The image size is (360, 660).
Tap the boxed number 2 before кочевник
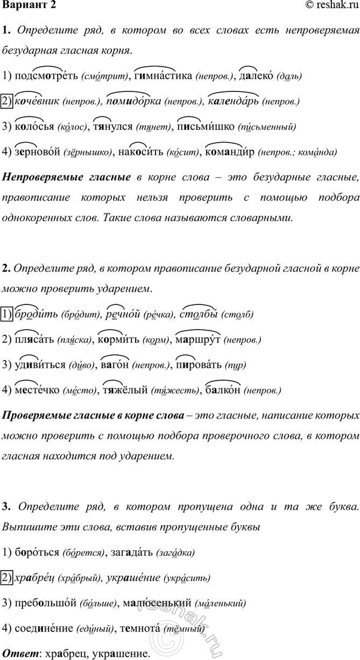[x=6, y=101]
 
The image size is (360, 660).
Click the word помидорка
[x=133, y=101]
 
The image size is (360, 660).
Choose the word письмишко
[x=206, y=126]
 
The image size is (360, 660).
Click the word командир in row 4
[x=230, y=152]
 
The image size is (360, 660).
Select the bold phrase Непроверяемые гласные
[x=67, y=177]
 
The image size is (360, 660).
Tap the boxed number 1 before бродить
[x=6, y=314]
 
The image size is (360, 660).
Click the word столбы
[x=196, y=314]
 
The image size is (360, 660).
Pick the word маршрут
[x=198, y=339]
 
